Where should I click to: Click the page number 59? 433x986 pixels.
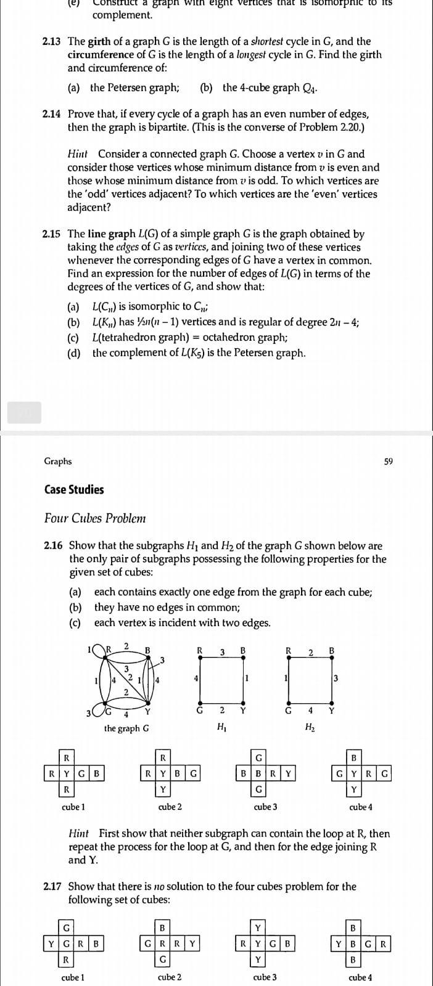pos(388,462)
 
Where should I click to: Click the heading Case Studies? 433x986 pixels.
pos(74,490)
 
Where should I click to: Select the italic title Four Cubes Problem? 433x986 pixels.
pos(95,518)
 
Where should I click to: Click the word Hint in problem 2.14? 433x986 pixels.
pos(78,154)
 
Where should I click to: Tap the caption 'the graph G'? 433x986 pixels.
pos(126,728)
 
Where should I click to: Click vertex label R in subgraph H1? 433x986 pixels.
pos(199,650)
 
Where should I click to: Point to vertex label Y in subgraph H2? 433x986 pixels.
pos(332,709)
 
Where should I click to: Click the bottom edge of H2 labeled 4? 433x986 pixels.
pos(310,703)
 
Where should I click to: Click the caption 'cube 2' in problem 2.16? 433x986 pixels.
pos(170,807)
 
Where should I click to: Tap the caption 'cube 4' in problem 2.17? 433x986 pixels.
pos(360,977)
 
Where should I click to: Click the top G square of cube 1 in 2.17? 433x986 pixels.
pos(66,928)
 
